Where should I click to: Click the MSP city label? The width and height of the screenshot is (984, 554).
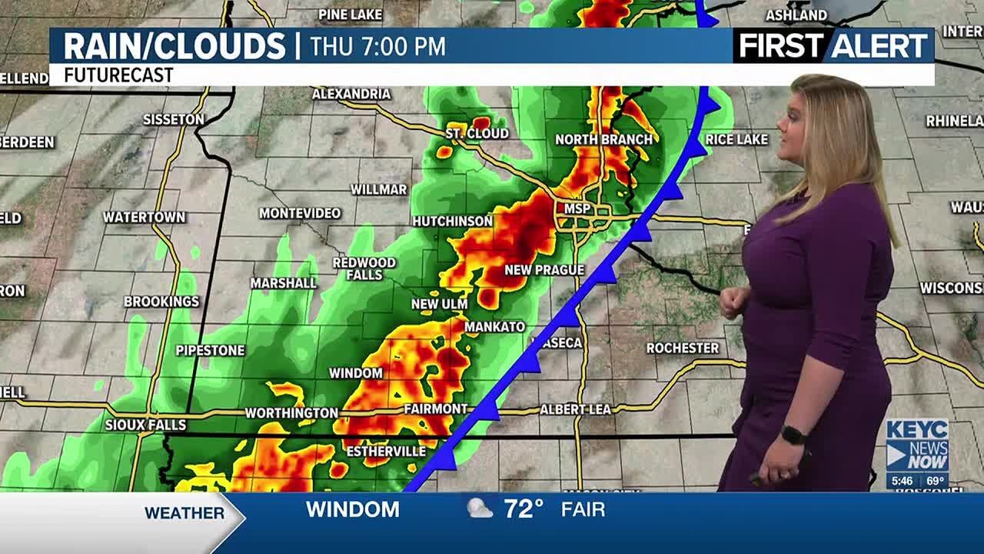point(577,209)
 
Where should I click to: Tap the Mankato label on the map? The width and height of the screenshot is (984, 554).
point(494,327)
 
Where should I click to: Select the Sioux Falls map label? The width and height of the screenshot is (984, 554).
point(145,425)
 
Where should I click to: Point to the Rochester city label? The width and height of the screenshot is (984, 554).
point(682,348)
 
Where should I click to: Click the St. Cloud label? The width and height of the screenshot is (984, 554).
point(477,133)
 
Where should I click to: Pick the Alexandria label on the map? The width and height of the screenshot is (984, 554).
point(351,94)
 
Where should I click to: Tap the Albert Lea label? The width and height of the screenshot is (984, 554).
point(575,409)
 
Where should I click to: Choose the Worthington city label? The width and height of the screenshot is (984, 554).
point(291,413)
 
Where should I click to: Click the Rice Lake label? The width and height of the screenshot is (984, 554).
point(736,139)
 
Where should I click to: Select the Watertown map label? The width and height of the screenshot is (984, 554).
point(145,217)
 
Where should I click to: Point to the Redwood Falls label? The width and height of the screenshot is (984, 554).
point(364,269)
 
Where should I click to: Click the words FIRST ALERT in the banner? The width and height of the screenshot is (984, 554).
point(833,46)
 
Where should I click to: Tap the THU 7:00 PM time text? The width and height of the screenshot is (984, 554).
point(377,47)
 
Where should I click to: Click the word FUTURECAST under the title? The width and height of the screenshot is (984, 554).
point(118,75)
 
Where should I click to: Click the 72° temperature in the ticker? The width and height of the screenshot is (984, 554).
point(524,509)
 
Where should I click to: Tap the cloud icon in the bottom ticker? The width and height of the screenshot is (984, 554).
point(480,509)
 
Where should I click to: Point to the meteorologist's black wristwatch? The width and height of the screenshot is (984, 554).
point(793,435)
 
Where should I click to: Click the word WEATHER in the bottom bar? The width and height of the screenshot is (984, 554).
point(184,512)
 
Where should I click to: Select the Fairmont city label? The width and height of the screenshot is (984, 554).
point(436,409)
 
